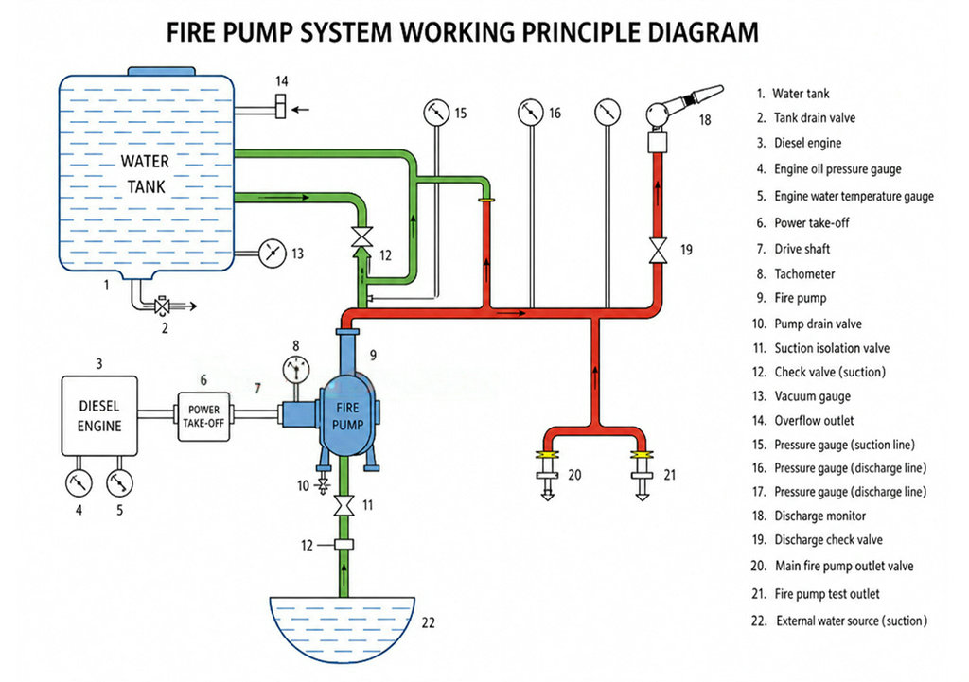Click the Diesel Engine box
[99, 416]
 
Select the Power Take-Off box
[204, 417]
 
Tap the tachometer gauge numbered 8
[296, 370]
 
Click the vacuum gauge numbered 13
[272, 254]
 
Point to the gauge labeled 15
[437, 113]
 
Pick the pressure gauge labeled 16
[531, 113]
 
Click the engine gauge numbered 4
[79, 483]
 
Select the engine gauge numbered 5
[119, 483]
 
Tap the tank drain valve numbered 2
[163, 306]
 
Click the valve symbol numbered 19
[659, 250]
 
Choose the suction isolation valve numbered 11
[344, 505]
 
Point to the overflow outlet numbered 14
[280, 106]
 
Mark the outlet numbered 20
[547, 476]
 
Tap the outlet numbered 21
[643, 476]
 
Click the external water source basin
[343, 629]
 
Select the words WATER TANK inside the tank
[146, 174]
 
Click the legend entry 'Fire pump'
[801, 298]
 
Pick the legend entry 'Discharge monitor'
[820, 516]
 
